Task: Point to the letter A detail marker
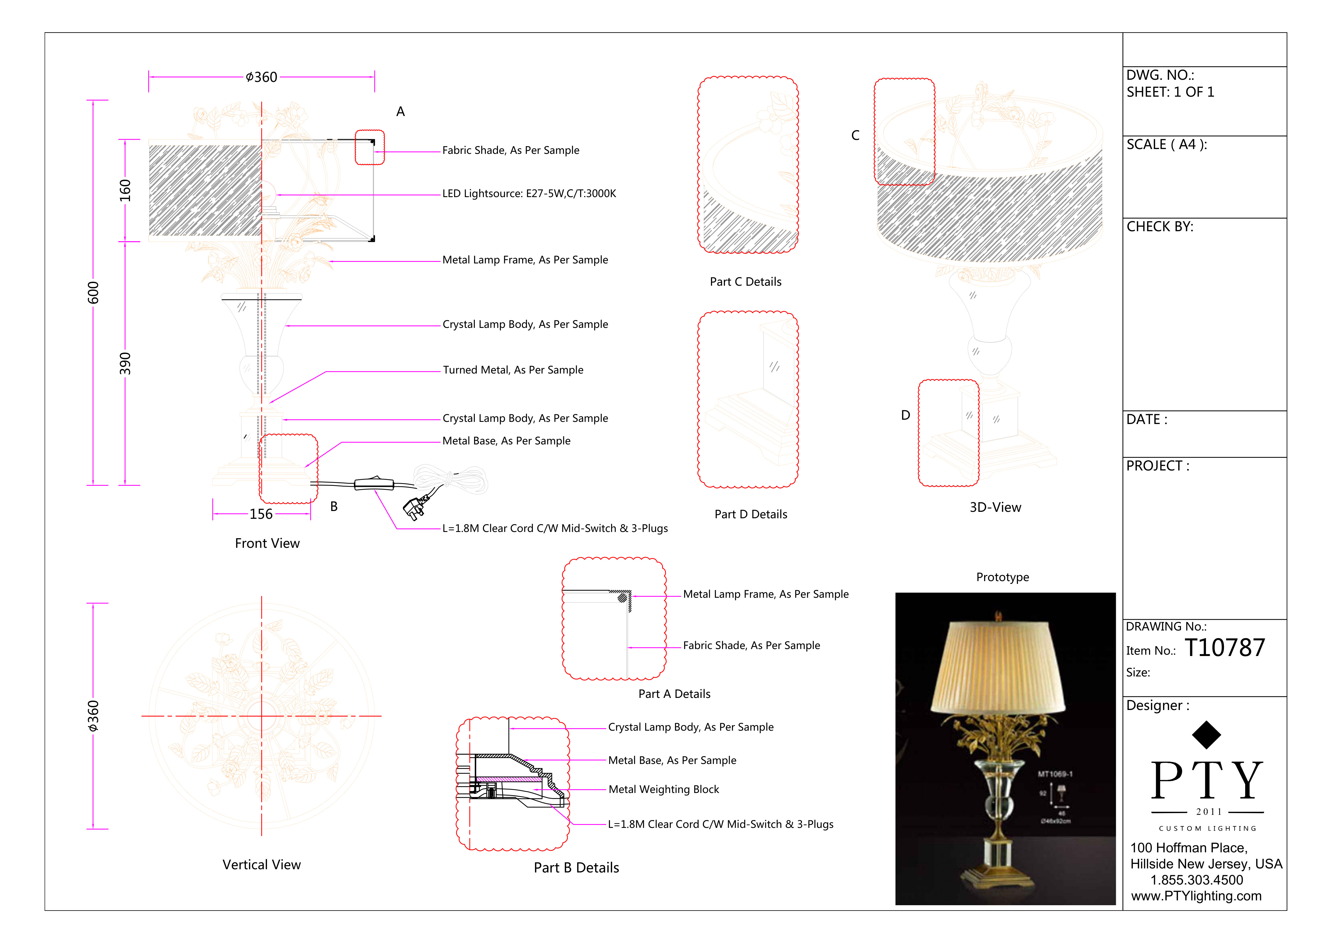pos(400,111)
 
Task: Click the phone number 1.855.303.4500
pos(1197,880)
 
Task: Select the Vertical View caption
pos(261,865)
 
